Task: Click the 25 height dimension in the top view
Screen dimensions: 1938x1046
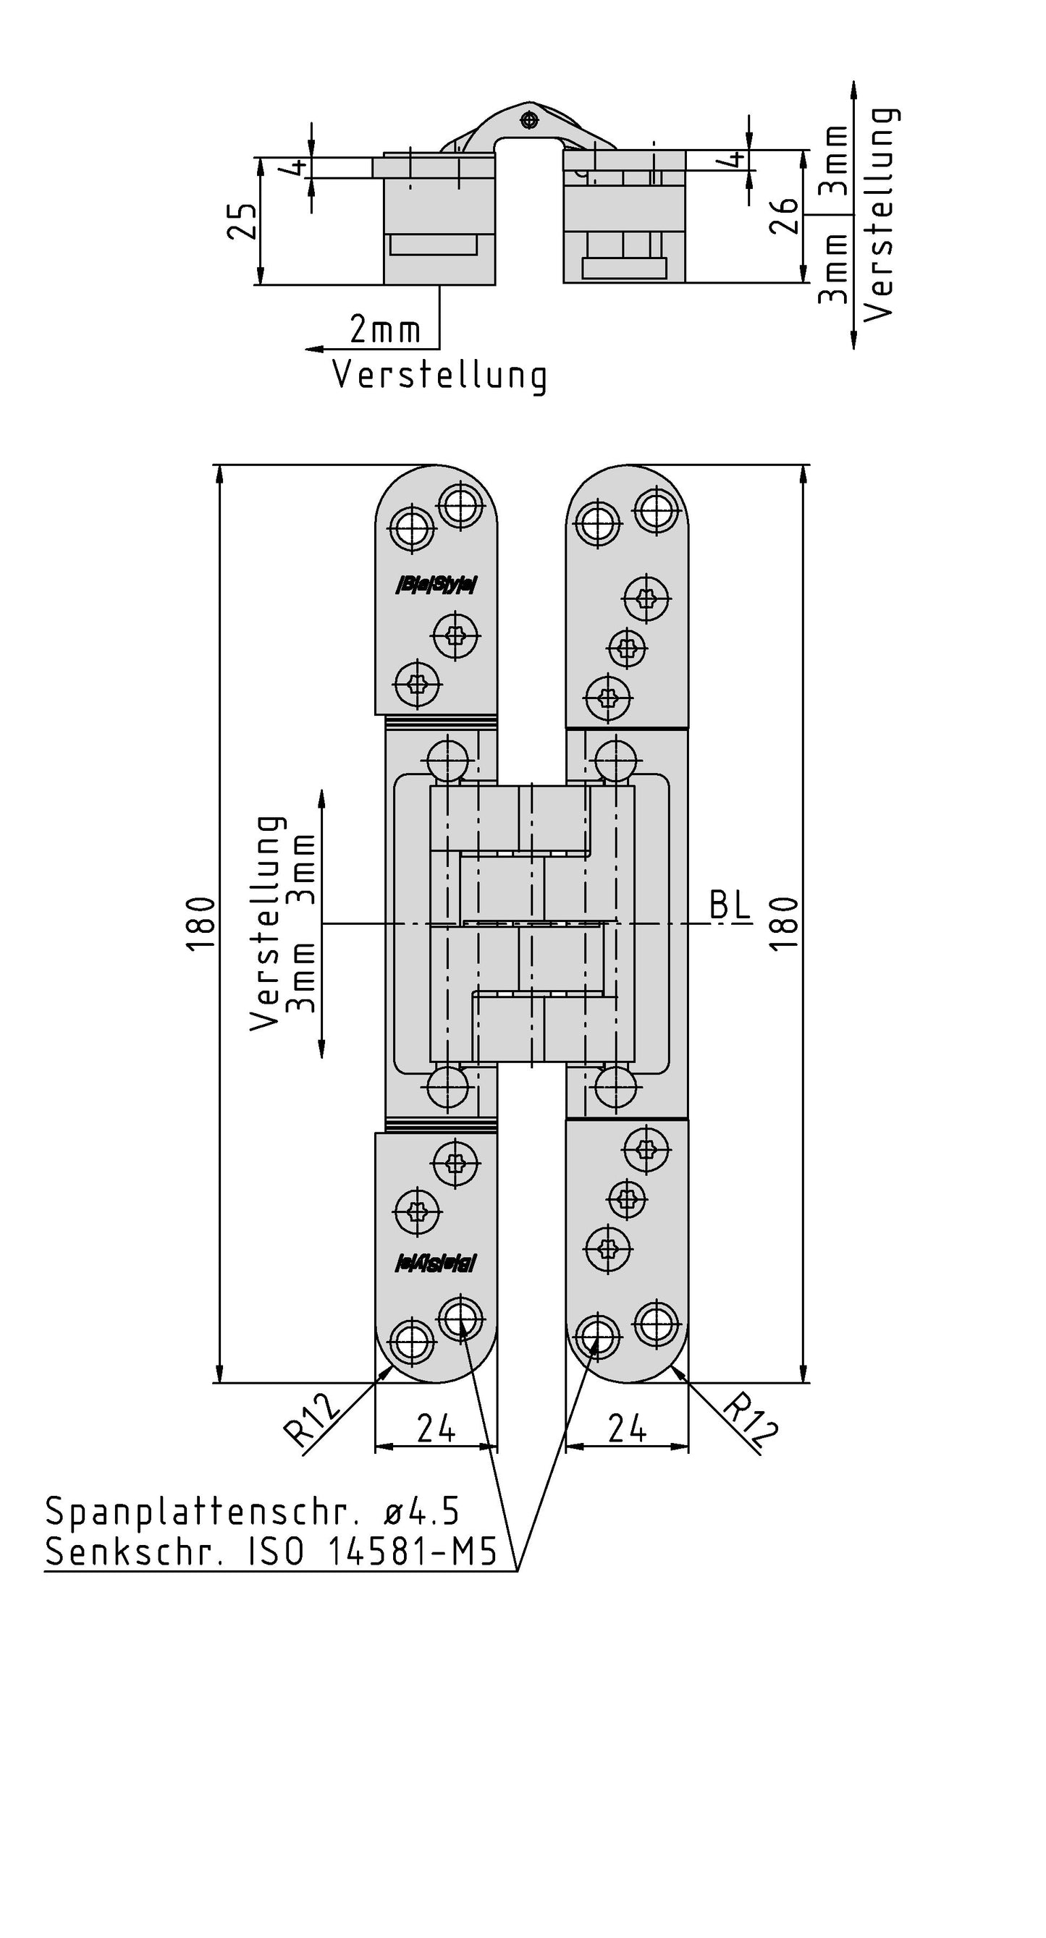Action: tap(242, 220)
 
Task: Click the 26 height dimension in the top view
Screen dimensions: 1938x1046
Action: tap(785, 216)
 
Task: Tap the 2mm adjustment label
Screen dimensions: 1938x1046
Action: tap(384, 329)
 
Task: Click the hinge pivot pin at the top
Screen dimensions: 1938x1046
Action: tap(530, 119)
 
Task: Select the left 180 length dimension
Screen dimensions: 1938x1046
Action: tap(201, 924)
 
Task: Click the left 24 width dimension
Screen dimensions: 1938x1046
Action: tap(436, 1428)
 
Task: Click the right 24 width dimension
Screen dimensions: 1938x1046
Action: tap(627, 1428)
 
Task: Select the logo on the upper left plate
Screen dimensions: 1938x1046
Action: tap(436, 585)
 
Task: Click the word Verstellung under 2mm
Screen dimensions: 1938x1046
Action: tap(439, 375)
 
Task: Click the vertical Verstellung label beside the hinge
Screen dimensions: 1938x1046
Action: tap(267, 923)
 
